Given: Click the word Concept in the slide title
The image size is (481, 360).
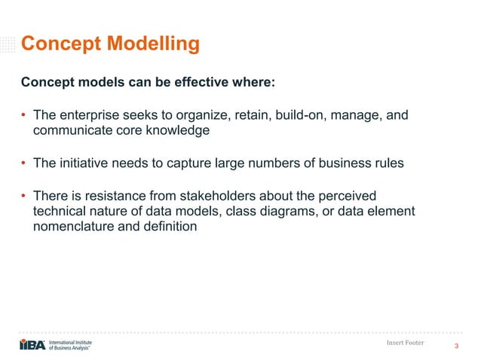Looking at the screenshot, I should [x=57, y=45].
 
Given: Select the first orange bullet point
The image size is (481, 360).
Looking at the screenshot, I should [x=24, y=115].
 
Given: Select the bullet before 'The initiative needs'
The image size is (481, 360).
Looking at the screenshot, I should [x=24, y=163].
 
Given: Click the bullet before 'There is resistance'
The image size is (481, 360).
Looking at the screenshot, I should [x=24, y=196].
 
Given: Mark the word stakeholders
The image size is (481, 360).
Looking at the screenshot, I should [x=238, y=196].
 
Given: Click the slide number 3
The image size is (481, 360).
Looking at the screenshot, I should [x=457, y=346].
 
